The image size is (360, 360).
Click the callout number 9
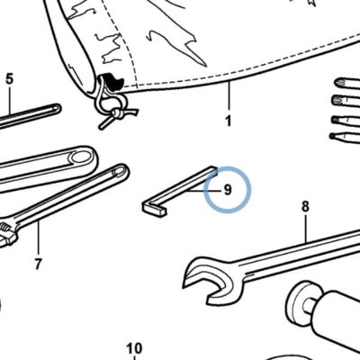coord(228,190)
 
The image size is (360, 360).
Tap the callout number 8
coord(305,206)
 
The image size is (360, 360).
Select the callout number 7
coord(38,264)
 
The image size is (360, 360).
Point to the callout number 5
coord(10,79)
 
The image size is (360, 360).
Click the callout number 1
coord(229,121)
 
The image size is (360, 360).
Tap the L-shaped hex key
coord(180,192)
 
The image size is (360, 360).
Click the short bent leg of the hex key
coord(154,210)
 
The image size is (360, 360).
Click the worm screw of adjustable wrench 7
coord(4,229)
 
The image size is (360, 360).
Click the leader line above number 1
coord(229,96)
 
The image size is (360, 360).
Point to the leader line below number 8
coord(305,229)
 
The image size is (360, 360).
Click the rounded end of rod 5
coord(56,108)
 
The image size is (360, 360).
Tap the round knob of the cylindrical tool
coord(299,300)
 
